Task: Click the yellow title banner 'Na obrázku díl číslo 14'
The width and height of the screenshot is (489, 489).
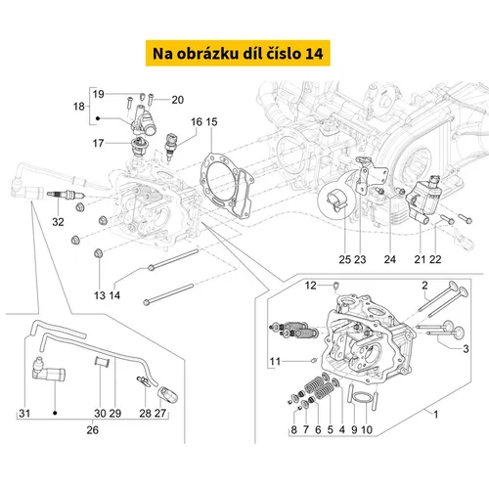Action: (238, 53)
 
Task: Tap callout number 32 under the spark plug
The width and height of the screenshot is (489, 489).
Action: (58, 222)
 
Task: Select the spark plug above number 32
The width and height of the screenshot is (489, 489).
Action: (67, 195)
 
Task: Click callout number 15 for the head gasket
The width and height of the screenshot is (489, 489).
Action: (211, 122)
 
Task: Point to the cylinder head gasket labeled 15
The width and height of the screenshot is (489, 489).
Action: (227, 188)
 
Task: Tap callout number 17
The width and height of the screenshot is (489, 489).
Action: (98, 143)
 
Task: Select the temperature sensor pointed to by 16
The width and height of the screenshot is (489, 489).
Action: (170, 146)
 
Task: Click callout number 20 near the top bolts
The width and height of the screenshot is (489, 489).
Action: (178, 100)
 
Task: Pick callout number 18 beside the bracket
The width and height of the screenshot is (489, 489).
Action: (79, 107)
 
